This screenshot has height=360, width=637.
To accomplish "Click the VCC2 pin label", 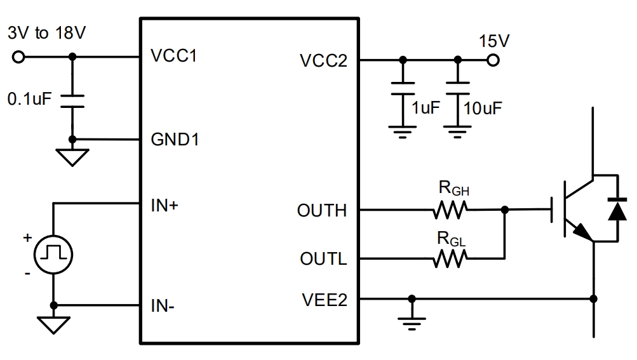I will (323, 61).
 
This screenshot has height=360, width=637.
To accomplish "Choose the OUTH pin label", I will (322, 210).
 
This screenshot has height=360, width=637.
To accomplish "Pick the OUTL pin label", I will (323, 259).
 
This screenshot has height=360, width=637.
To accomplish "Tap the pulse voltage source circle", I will (53, 254).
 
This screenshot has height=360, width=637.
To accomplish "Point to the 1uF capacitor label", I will (425, 107).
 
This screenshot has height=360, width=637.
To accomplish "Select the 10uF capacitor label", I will (483, 107).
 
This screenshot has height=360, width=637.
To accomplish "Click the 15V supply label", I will (495, 43).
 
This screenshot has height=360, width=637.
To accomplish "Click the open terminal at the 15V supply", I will (493, 61).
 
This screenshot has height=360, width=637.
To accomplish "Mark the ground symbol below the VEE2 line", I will (412, 321).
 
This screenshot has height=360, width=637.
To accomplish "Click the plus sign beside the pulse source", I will (27, 238).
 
